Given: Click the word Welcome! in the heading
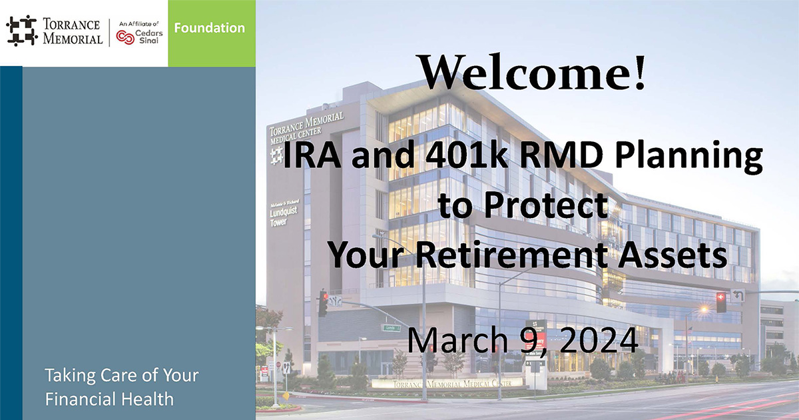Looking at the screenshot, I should (x=532, y=71).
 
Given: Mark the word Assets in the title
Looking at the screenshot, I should (x=676, y=254).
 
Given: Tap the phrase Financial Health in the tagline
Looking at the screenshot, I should (x=109, y=399).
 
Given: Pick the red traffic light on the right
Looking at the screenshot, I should (x=720, y=301).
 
